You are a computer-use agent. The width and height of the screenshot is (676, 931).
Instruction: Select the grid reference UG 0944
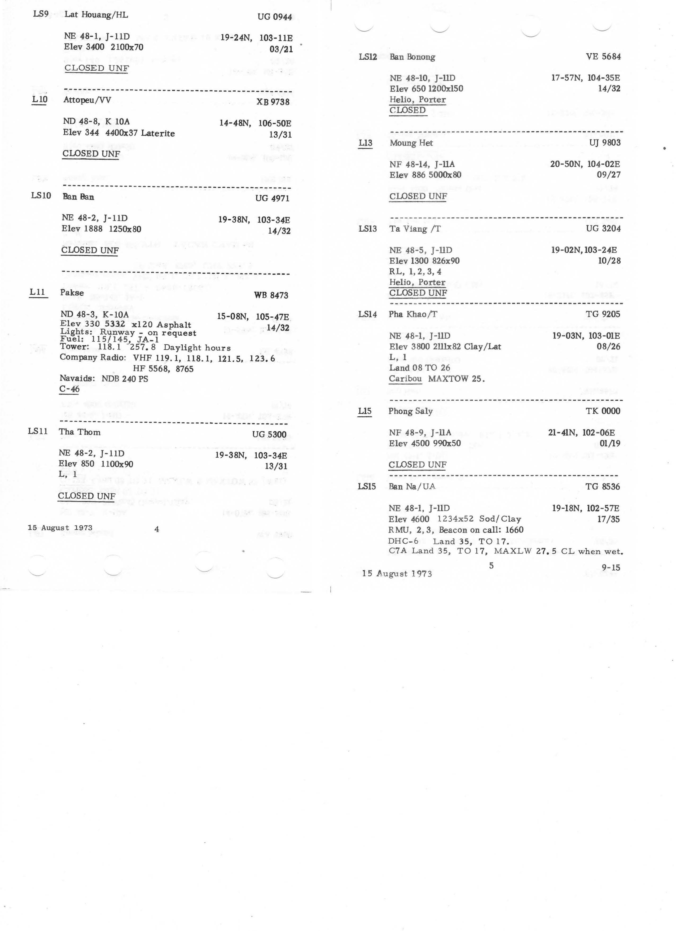pyautogui.click(x=274, y=17)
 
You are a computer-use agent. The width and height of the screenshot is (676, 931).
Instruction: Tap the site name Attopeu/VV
pyautogui.click(x=87, y=100)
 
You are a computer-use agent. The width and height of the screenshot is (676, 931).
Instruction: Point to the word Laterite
pyautogui.click(x=158, y=133)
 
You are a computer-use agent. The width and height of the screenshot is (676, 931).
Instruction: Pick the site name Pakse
pyautogui.click(x=72, y=293)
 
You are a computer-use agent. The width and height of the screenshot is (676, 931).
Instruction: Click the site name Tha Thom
pyautogui.click(x=80, y=432)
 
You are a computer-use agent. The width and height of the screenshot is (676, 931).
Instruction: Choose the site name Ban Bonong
pyautogui.click(x=412, y=57)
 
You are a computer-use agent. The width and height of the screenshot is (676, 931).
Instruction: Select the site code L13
pyautogui.click(x=365, y=143)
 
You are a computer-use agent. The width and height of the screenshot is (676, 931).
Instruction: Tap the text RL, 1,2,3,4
pyautogui.click(x=415, y=272)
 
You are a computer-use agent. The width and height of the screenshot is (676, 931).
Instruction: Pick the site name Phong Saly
pyautogui.click(x=411, y=411)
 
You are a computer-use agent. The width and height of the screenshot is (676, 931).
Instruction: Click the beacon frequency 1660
pyautogui.click(x=514, y=530)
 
